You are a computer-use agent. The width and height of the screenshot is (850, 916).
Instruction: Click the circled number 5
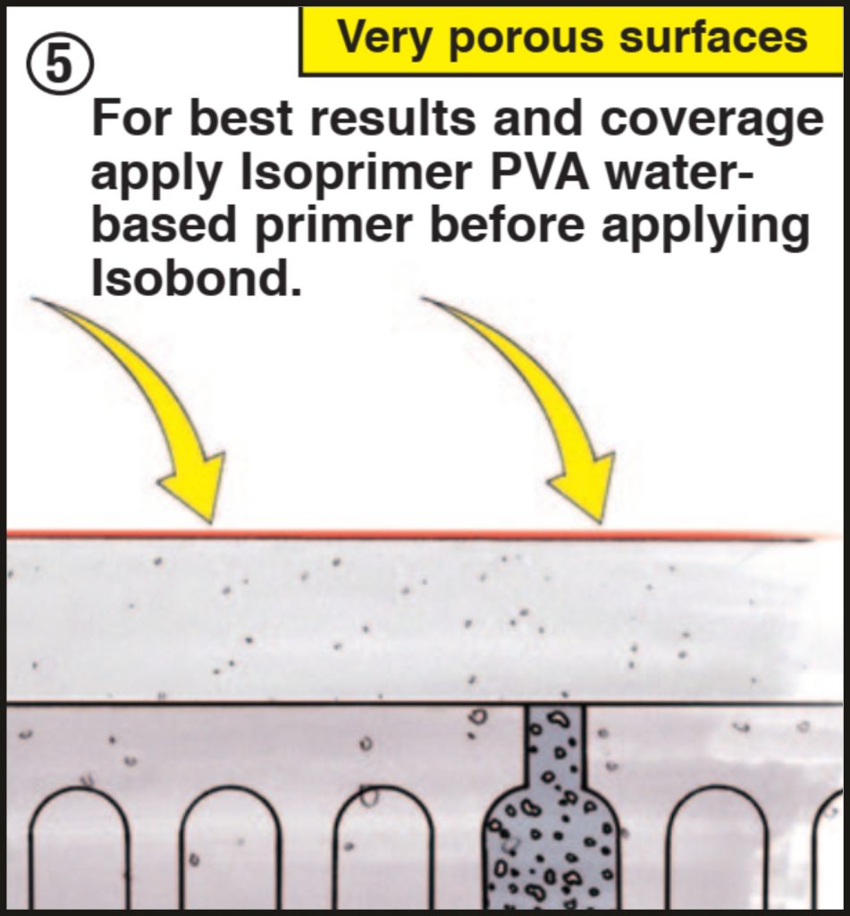(x=60, y=64)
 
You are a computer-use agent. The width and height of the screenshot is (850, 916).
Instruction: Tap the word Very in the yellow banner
(x=384, y=38)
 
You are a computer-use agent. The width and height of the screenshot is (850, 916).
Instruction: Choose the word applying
(x=705, y=228)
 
